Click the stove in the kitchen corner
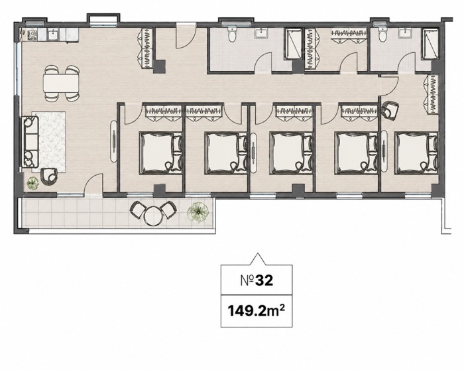tap(32, 35)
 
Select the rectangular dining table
tap(61, 84)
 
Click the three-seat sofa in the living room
tap(30, 142)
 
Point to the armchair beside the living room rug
tap(49, 176)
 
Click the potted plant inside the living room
tap(32, 184)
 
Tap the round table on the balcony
tap(153, 216)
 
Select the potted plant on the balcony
tap(198, 212)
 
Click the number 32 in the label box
tap(264, 280)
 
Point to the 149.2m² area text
tap(257, 311)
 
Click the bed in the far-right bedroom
tap(416, 153)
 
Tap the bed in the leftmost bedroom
tap(160, 153)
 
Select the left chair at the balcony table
tap(137, 210)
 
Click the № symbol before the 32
tap(247, 280)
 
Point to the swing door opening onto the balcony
tap(93, 184)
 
